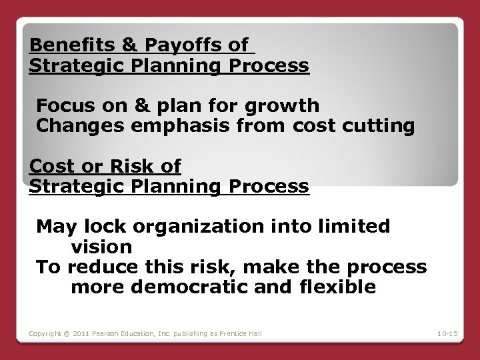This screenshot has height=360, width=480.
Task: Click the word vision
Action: click(x=101, y=246)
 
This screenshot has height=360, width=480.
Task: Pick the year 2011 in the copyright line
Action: click(x=81, y=331)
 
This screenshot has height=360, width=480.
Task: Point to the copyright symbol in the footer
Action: click(x=64, y=331)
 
